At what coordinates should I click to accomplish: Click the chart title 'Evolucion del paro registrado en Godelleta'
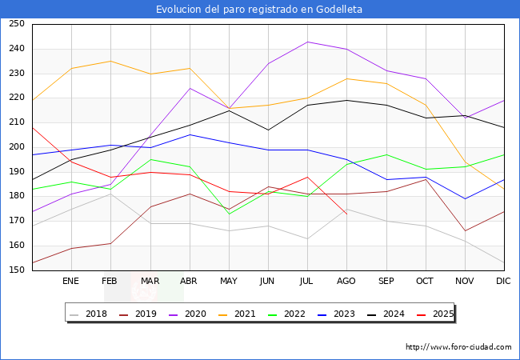pyautogui.click(x=259, y=10)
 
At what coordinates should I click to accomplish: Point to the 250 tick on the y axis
pyautogui.click(x=16, y=24)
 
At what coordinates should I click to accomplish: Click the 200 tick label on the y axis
pyautogui.click(x=16, y=147)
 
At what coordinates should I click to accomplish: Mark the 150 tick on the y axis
pyautogui.click(x=16, y=270)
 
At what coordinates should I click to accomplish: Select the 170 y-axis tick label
pyautogui.click(x=16, y=221)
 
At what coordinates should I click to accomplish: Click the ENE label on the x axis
pyautogui.click(x=71, y=282)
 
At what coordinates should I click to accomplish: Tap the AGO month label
pyautogui.click(x=346, y=282)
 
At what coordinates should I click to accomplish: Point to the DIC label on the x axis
pyautogui.click(x=503, y=282)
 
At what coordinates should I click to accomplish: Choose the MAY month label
pyautogui.click(x=229, y=282)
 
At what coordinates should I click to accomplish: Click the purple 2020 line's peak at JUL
pyautogui.click(x=307, y=42)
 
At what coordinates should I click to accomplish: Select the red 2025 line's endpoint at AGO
pyautogui.click(x=346, y=214)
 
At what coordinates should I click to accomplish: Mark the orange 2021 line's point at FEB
pyautogui.click(x=110, y=61)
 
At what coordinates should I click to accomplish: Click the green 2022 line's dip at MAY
pyautogui.click(x=229, y=214)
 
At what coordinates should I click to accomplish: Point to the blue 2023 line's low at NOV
pyautogui.click(x=464, y=198)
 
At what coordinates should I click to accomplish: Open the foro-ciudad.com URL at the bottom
pyautogui.click(x=458, y=347)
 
